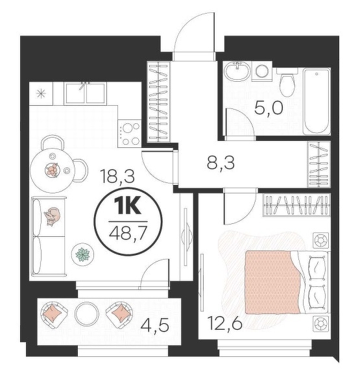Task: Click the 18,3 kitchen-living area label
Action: pos(117,176)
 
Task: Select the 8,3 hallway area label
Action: pos(221,163)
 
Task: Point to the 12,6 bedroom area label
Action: pos(225,323)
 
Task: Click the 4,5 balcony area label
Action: pos(154,325)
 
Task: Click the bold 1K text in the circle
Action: pos(128,206)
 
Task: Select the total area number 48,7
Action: pos(128,233)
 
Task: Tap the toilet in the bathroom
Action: pos(287,82)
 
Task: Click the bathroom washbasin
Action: pos(237,71)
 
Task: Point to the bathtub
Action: pos(317,101)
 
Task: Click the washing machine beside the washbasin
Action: pos(262,71)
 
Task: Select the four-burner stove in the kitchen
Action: pos(130,134)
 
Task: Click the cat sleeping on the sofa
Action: pos(53,216)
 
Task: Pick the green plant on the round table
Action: pos(82,254)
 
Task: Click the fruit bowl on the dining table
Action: pos(52,170)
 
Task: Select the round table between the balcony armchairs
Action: pos(87,313)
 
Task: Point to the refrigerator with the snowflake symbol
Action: pos(41,93)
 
